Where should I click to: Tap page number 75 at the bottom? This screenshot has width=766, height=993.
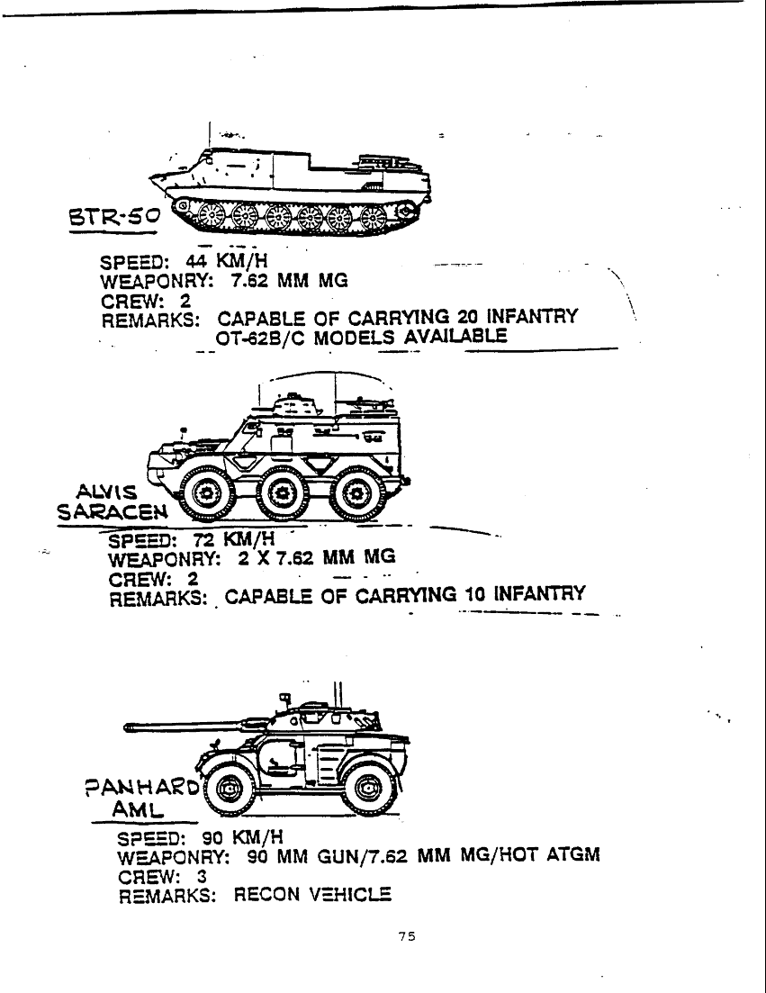407,936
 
